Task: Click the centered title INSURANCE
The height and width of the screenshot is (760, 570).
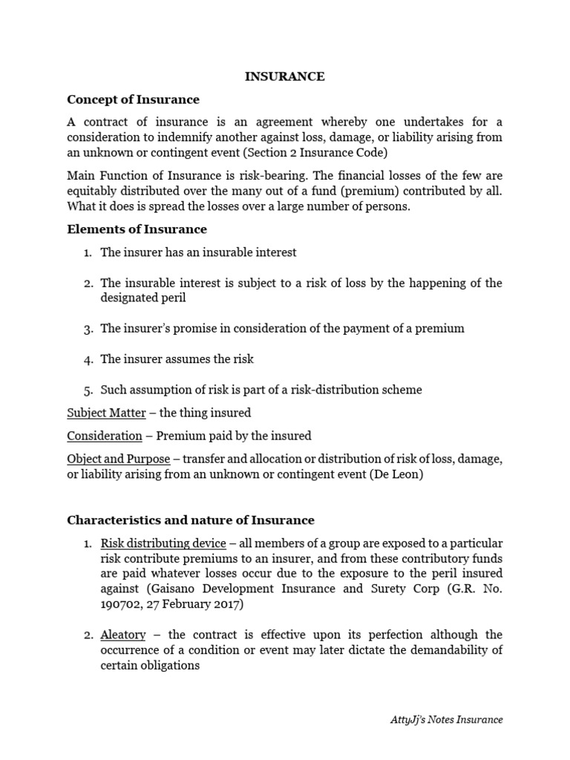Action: pos(285,76)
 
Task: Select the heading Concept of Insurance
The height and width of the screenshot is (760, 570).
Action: pos(133,99)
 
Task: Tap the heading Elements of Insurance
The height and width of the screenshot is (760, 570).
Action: pos(137,229)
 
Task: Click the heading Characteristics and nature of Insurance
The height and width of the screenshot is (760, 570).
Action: pos(191,520)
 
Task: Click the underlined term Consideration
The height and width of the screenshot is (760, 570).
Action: pos(105,436)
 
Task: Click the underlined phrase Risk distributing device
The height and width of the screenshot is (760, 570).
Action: pos(163,543)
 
